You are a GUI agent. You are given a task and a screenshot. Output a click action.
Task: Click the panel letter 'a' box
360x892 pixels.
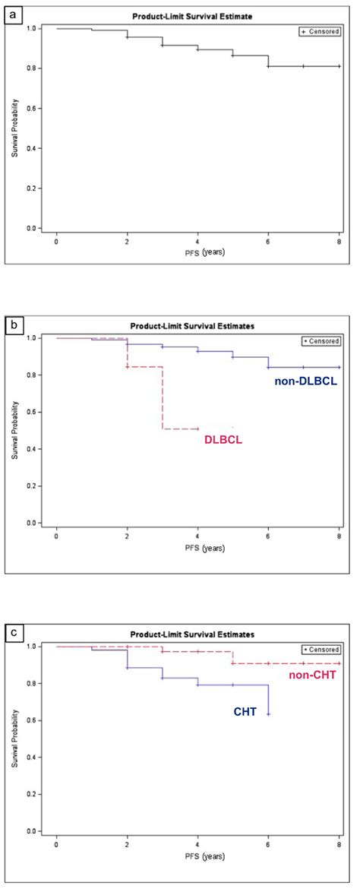coord(12,14)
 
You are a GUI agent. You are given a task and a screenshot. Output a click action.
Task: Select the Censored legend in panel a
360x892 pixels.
coord(320,31)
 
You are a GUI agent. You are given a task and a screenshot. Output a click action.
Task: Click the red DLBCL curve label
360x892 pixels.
coord(223,439)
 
